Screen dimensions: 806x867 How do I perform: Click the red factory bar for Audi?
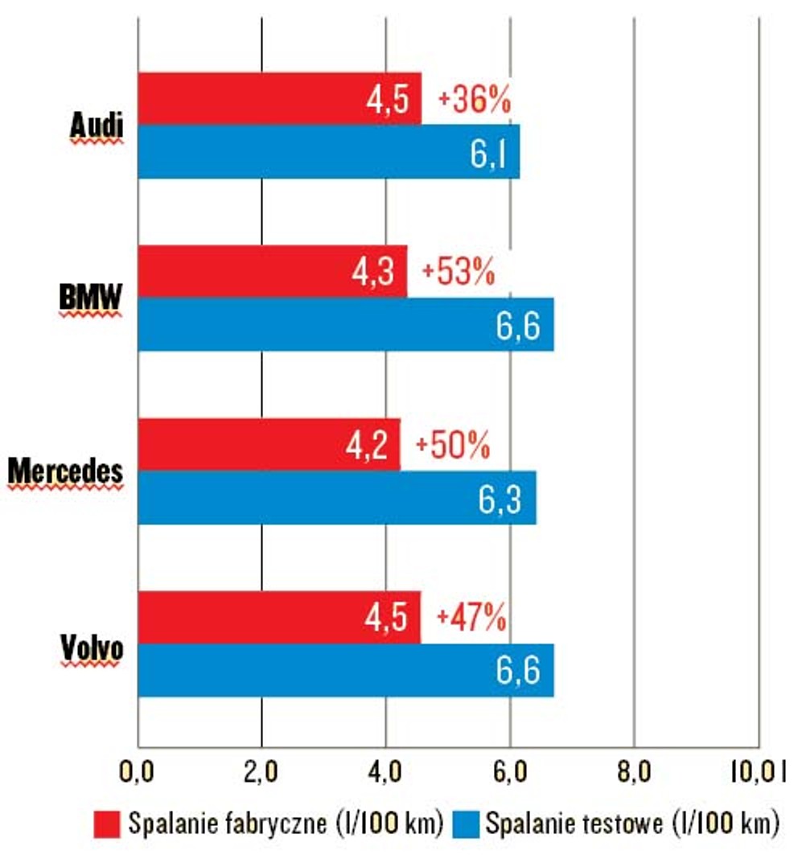click(279, 98)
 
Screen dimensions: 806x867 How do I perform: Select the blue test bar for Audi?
click(329, 151)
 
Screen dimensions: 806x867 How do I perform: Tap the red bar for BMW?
click(272, 272)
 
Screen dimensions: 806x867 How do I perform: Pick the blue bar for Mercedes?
click(337, 498)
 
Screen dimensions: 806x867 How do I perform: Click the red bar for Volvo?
click(279, 617)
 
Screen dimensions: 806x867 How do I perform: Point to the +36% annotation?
click(474, 100)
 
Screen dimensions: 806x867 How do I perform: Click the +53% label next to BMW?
click(458, 272)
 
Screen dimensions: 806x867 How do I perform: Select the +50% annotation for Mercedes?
click(453, 445)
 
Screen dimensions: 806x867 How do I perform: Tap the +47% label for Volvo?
click(471, 617)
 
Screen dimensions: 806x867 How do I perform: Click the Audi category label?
click(97, 125)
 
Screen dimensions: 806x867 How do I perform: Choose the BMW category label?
click(90, 298)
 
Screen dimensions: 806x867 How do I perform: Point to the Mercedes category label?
click(65, 471)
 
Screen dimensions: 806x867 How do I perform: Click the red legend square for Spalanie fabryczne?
click(107, 824)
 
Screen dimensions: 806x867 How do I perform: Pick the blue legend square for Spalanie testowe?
click(466, 824)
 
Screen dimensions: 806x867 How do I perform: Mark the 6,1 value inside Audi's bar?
click(488, 153)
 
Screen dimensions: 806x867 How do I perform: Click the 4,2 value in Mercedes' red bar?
click(366, 445)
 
